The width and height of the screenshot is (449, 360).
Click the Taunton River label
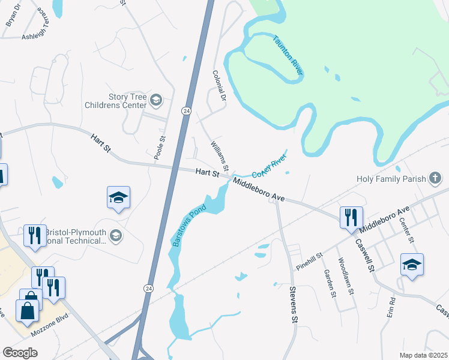pyautogui.click(x=288, y=55)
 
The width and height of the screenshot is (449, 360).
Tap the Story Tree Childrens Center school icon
pyautogui.click(x=156, y=100)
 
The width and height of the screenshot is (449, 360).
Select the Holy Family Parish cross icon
pyautogui.click(x=436, y=178)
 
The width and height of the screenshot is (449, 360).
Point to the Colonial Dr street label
pyautogui.click(x=218, y=85)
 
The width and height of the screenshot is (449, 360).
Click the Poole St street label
pyautogui.click(x=160, y=147)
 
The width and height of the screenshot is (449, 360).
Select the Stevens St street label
pyautogui.click(x=294, y=309)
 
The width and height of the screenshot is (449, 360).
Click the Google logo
pyautogui.click(x=20, y=353)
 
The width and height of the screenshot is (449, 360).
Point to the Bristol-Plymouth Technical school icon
pyautogui.click(x=116, y=236)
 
